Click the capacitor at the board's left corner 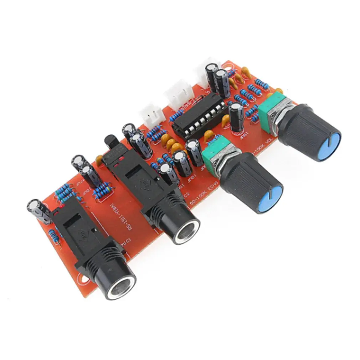pyautogui.click(x=38, y=211)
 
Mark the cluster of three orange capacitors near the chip pyautogui.click(x=170, y=143)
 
